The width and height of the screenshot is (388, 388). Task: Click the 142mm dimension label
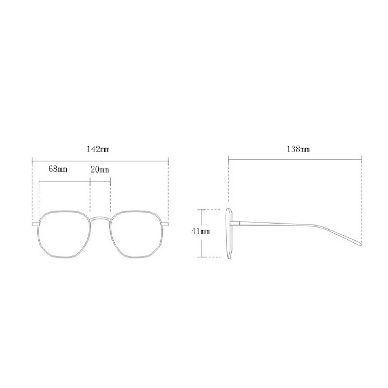point(98,150)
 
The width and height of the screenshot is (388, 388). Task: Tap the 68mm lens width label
point(58,169)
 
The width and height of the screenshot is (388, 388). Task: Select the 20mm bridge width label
point(100,170)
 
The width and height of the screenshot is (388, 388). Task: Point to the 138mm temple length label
point(298,149)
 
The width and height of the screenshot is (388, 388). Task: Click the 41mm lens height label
point(201,231)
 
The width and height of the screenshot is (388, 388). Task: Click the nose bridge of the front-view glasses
point(100,218)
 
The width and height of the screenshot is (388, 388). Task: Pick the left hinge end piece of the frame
point(35,224)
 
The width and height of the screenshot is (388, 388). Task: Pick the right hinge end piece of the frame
point(165,224)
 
